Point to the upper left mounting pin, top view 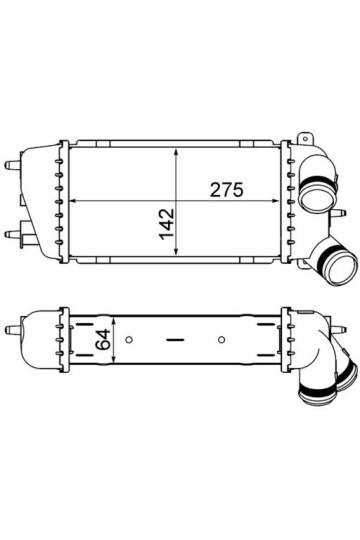point(12,161)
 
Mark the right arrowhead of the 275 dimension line point(283,202)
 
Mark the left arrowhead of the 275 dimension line point(70,202)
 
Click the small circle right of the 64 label point(130,337)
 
